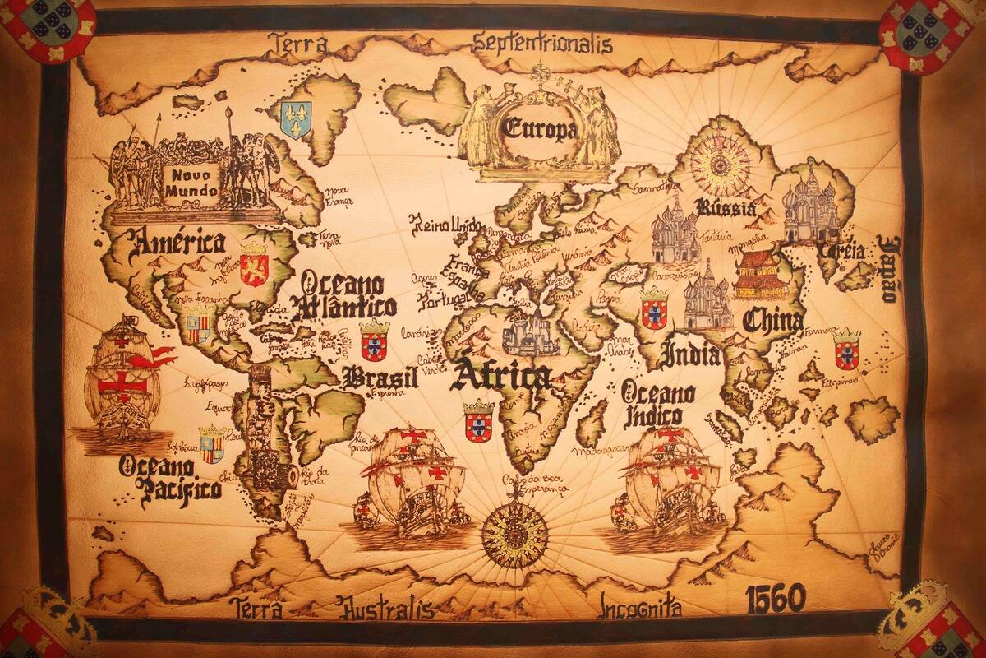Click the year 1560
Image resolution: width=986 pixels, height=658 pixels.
[x=775, y=599]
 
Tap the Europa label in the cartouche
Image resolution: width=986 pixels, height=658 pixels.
[x=540, y=129]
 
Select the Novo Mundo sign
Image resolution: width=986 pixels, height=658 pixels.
[x=191, y=183]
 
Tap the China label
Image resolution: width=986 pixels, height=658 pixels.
[x=772, y=320]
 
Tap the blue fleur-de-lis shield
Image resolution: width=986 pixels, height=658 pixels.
[x=296, y=119]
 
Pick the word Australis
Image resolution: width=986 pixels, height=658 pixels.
[x=386, y=609]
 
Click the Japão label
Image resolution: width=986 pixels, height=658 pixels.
[x=888, y=268]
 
